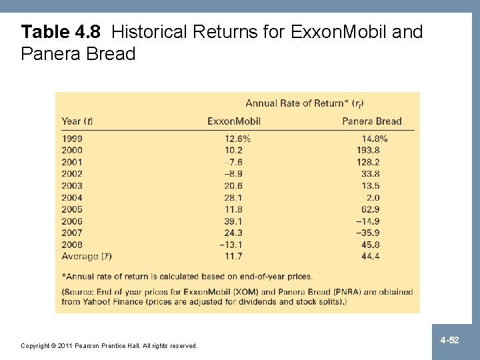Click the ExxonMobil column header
pos(233,121)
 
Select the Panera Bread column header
pos(371,121)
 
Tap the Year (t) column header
pos(77,121)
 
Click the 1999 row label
pos(72,139)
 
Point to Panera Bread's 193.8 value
pos(368,151)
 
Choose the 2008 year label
pos(72,245)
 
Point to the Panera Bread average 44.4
pos(370,256)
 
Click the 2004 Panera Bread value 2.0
pos(373,197)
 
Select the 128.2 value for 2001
pos(368,162)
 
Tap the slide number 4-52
pos(449,341)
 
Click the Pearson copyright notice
pos(109,345)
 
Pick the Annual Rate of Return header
pos(304,103)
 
